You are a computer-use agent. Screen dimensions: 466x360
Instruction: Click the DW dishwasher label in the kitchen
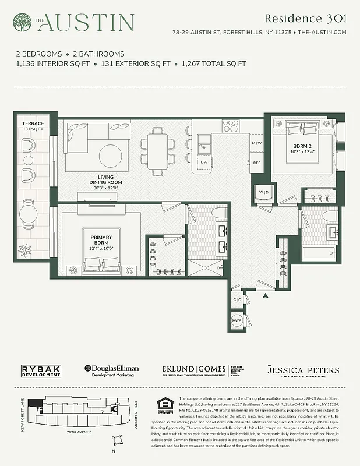coord(204,162)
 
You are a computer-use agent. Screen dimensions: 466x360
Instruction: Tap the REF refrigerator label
coord(256,163)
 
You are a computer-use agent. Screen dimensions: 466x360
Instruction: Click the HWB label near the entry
coord(238,321)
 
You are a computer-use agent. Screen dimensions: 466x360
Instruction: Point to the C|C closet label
coord(238,300)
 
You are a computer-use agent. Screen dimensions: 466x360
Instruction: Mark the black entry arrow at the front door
coord(265,296)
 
